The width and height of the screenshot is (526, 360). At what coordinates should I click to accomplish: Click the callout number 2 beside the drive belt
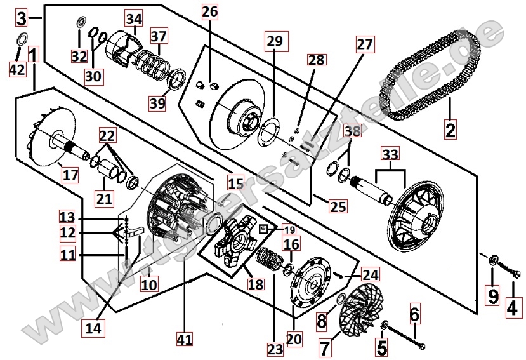(x=450, y=130)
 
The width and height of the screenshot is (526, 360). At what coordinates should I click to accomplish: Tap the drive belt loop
(x=431, y=76)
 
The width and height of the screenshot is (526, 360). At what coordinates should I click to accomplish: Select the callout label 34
(x=134, y=20)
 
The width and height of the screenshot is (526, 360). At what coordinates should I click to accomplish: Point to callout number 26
(x=210, y=11)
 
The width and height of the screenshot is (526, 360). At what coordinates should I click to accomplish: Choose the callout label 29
(x=273, y=43)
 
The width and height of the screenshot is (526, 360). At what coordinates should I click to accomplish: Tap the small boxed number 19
(x=270, y=229)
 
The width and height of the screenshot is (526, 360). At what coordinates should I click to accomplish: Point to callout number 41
(x=184, y=340)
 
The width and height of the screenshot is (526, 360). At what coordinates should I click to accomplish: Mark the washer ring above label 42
(x=20, y=38)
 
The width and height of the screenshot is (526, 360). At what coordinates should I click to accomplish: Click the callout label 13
(x=68, y=216)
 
